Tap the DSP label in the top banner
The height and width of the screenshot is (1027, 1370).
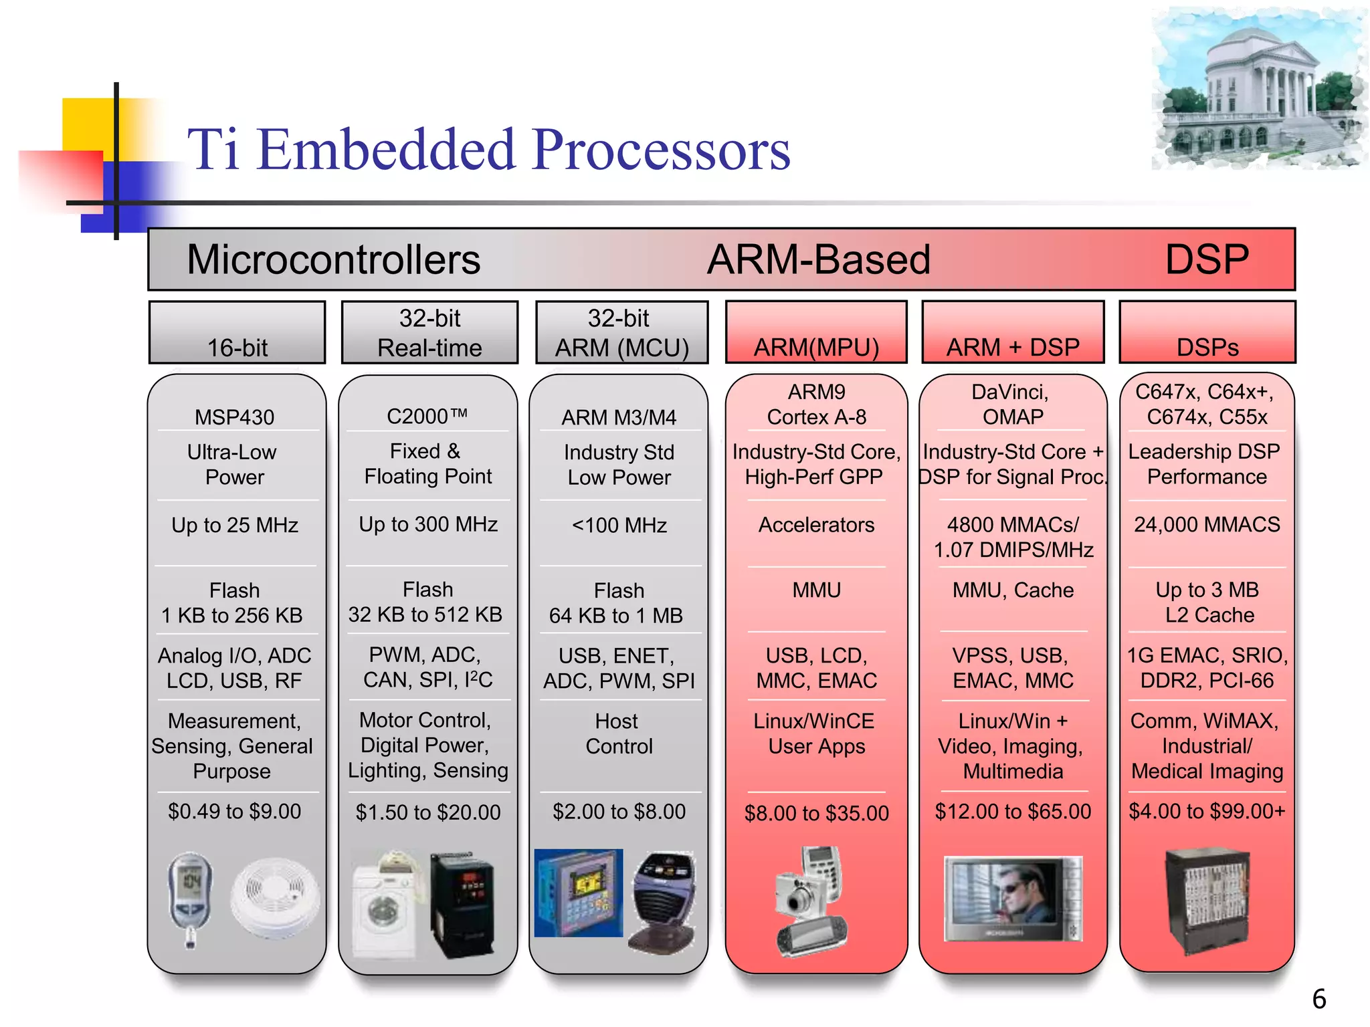(x=1206, y=259)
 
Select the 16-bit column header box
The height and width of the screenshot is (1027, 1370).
(x=237, y=333)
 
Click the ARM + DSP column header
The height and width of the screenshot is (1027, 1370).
(x=1012, y=333)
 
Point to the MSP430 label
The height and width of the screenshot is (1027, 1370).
(x=234, y=417)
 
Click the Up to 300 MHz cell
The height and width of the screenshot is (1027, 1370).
(x=428, y=524)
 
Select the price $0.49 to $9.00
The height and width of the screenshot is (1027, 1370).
(x=234, y=811)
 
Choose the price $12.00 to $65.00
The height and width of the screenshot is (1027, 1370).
(x=1012, y=811)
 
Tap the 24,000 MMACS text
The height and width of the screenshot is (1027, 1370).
(x=1206, y=524)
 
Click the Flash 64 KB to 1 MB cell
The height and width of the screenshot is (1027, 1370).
(x=618, y=602)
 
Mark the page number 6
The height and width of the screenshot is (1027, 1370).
(x=1318, y=999)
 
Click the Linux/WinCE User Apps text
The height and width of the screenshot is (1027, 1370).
(x=815, y=733)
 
